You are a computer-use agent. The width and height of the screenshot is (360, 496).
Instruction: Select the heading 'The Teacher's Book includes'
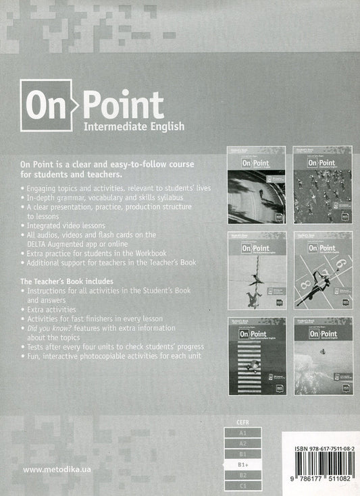(66, 280)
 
